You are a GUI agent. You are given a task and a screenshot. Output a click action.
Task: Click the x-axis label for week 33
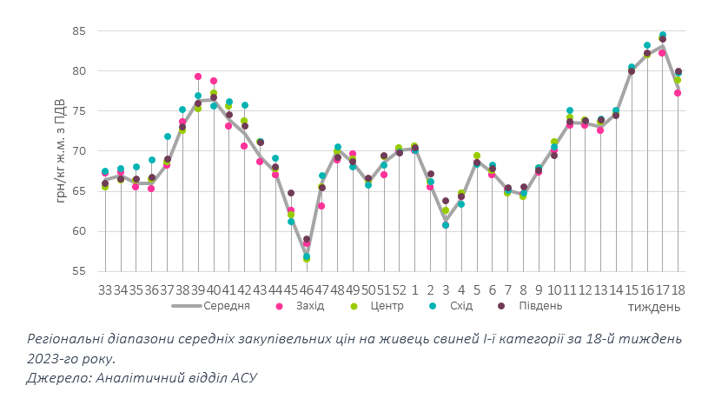[x=105, y=290]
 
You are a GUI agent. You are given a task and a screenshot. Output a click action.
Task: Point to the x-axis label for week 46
[x=307, y=290]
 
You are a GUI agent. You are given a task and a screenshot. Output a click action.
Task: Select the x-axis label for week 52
[x=400, y=290]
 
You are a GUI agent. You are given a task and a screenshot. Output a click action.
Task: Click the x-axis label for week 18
[x=678, y=290]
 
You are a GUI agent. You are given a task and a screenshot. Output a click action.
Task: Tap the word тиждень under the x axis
[x=654, y=308]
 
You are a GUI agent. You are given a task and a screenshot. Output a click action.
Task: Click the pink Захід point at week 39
[x=198, y=76]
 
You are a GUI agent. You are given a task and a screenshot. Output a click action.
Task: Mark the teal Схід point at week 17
[x=662, y=36]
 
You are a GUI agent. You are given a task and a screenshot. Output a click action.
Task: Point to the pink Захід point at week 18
[x=678, y=93]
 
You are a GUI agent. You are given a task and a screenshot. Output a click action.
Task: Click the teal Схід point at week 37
[x=167, y=136]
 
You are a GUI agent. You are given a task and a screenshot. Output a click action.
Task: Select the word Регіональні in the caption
[x=69, y=337]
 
